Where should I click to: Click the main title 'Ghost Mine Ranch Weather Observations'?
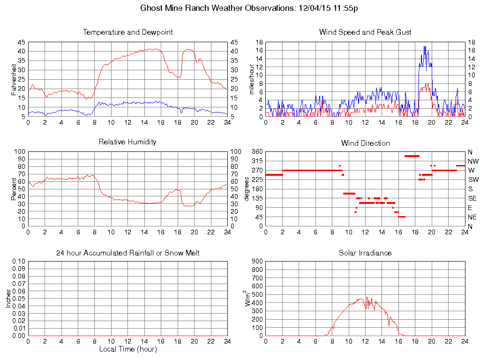click(218, 8)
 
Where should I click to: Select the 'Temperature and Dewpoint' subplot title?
click(127, 32)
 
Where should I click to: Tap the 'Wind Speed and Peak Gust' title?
click(365, 32)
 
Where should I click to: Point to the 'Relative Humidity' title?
click(127, 142)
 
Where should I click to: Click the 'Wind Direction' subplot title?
click(365, 143)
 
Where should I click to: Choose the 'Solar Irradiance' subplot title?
click(365, 253)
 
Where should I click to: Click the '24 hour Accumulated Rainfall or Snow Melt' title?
click(127, 253)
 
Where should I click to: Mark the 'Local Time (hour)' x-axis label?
click(127, 349)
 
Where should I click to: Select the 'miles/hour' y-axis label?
click(251, 79)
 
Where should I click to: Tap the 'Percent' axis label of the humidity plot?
click(14, 189)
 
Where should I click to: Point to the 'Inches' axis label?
click(8, 299)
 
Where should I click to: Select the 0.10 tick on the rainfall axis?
click(18, 261)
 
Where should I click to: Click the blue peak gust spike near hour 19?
click(424, 47)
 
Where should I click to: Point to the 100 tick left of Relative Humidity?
click(19, 152)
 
